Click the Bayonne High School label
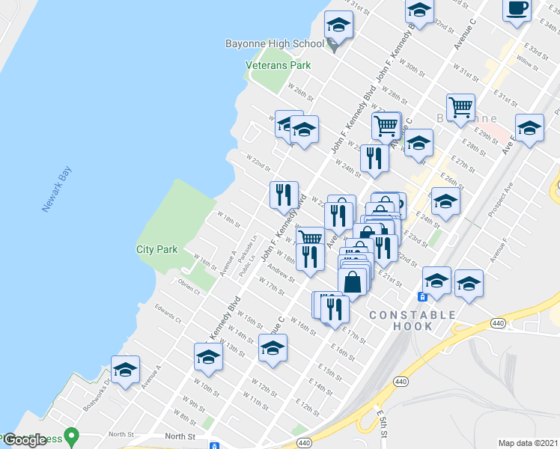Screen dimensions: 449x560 (274, 43)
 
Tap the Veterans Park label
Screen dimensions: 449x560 (279, 65)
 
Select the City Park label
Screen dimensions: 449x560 (156, 249)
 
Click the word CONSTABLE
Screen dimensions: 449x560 (413, 315)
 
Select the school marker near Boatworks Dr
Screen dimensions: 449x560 (126, 370)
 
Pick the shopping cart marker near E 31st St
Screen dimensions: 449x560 (460, 107)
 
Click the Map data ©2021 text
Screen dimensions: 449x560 (529, 443)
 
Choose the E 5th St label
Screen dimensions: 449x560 (383, 419)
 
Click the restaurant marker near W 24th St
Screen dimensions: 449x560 (373, 159)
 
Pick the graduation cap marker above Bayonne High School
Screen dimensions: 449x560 (338, 27)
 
